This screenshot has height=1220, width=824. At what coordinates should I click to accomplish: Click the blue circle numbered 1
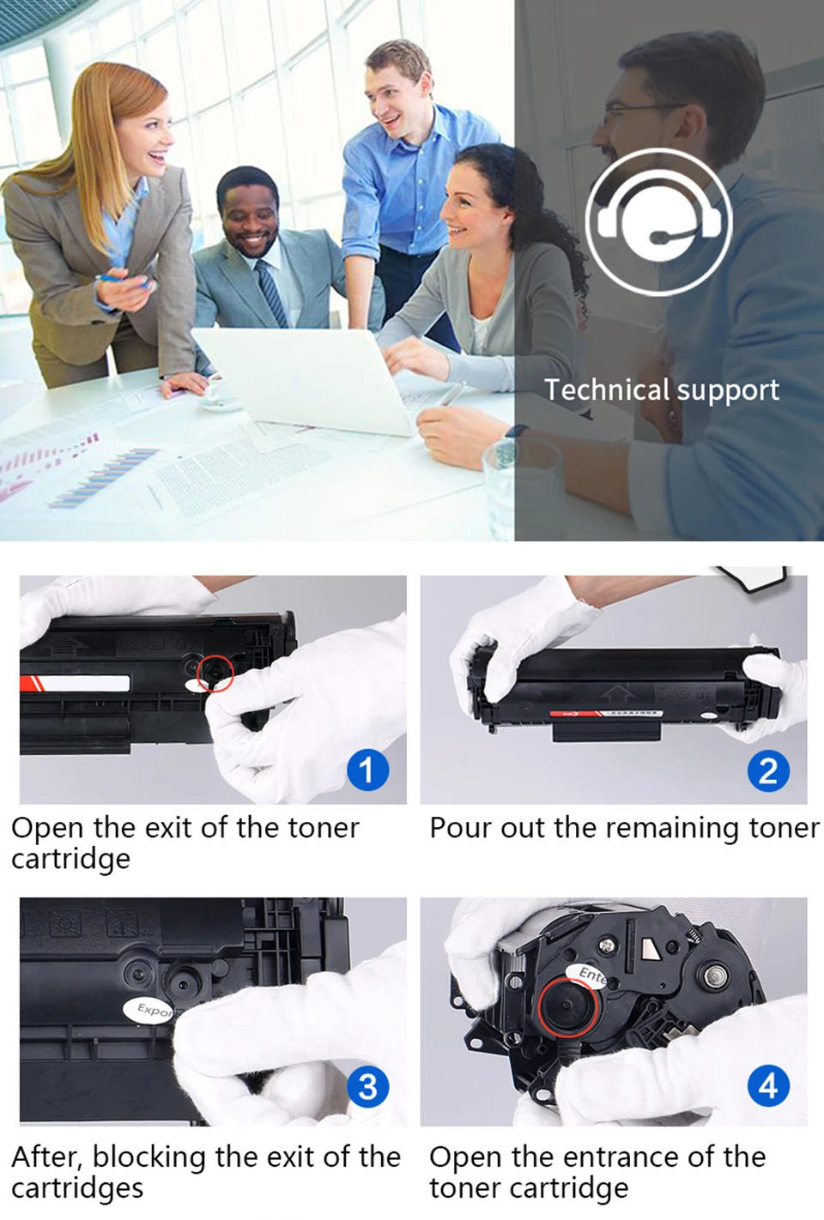click(x=367, y=770)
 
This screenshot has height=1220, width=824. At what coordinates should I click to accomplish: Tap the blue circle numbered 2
click(x=767, y=770)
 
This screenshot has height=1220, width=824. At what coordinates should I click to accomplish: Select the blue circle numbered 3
click(x=367, y=1086)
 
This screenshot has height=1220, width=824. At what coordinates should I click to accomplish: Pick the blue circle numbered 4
click(x=767, y=1086)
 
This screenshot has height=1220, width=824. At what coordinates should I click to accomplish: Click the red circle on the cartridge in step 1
click(x=215, y=674)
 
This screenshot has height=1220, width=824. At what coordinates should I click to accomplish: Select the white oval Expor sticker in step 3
click(x=150, y=1009)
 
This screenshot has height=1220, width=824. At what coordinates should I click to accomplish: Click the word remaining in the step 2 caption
click(x=665, y=829)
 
